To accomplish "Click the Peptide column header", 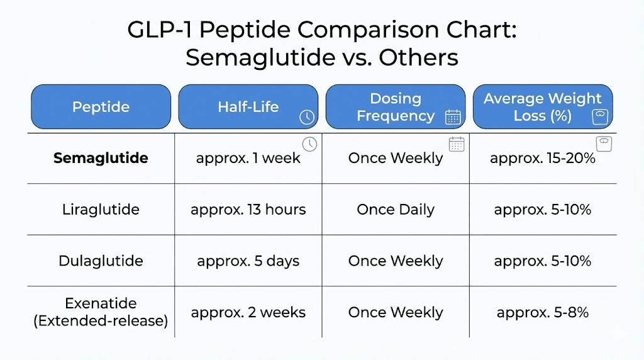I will (101, 107).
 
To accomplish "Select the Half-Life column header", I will (248, 107).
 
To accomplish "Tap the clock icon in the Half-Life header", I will (306, 117).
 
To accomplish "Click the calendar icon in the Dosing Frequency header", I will (453, 117).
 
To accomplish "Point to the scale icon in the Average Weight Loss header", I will (599, 117).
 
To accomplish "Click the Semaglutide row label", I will (101, 158).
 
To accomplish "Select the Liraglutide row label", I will (101, 210).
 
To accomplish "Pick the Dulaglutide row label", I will (101, 261).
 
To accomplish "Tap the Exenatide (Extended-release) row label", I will (101, 313).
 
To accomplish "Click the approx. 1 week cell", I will (248, 158).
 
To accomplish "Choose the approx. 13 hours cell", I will (248, 210).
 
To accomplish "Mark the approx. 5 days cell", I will (248, 261).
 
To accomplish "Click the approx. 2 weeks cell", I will (248, 312).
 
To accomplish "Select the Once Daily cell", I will (396, 210).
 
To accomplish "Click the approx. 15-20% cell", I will (543, 158).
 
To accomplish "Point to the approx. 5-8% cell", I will (543, 312).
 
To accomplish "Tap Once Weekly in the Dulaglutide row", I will (396, 261).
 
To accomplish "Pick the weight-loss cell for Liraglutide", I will (543, 210).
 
